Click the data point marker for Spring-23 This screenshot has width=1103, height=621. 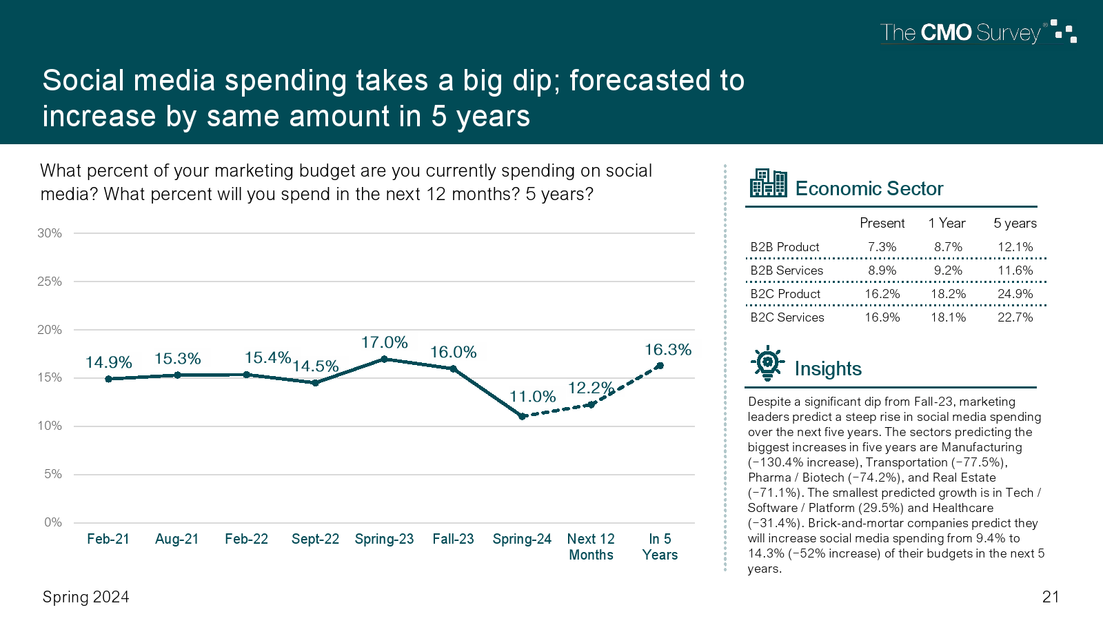click(384, 359)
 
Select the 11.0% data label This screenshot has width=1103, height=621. click(532, 397)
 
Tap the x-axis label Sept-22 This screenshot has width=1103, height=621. click(315, 539)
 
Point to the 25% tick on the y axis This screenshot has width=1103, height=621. click(50, 282)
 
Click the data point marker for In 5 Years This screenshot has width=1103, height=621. click(660, 366)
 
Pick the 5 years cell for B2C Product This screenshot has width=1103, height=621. click(1015, 294)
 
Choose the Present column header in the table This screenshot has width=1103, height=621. click(882, 223)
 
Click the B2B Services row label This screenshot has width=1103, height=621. click(787, 270)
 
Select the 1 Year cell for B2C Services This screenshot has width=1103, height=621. click(948, 317)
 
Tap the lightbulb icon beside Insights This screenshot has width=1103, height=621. click(767, 363)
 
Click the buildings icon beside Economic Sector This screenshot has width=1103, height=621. click(768, 184)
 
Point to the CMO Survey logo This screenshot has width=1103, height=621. click(978, 32)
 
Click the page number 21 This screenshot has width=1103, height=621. click(1051, 597)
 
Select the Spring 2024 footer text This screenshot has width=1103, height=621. click(85, 597)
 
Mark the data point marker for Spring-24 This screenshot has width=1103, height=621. click(522, 416)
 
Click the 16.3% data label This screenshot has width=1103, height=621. click(667, 350)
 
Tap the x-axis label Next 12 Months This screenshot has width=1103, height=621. click(591, 546)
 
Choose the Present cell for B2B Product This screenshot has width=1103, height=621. click(882, 247)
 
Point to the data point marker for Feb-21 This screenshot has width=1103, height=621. click(108, 379)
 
